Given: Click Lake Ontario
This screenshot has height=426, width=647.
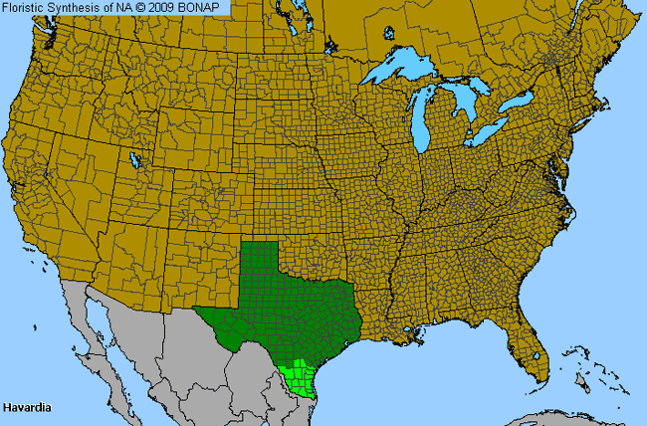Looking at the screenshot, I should click(x=518, y=103).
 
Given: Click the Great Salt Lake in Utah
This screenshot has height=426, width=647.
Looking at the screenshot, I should click(x=134, y=159).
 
